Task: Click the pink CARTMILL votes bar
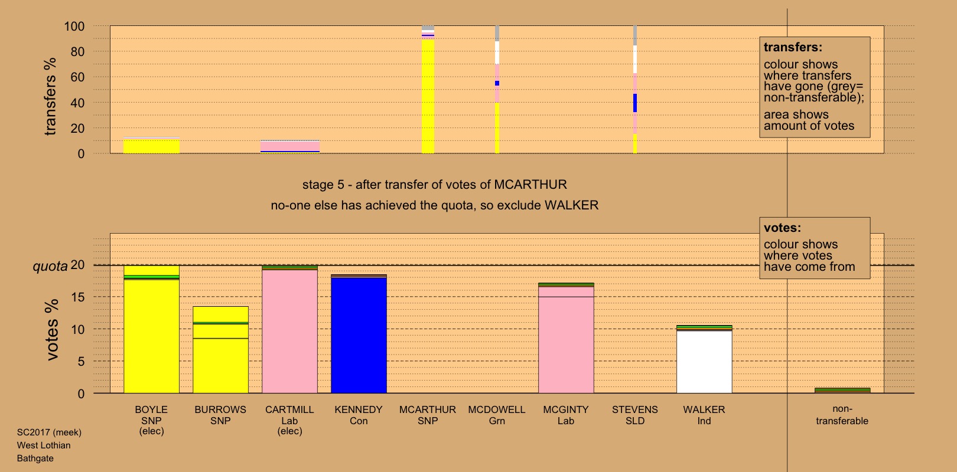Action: coord(289,330)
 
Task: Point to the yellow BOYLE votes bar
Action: coord(151,336)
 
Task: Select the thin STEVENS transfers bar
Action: coord(635,88)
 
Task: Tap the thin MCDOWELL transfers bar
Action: coord(497,88)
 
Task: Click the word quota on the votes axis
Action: coord(50,266)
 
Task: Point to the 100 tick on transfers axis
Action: coord(74,27)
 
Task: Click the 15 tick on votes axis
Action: coord(77,297)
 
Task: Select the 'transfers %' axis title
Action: coord(51,97)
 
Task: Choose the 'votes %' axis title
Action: coord(52,329)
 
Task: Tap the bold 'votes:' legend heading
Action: coord(782,228)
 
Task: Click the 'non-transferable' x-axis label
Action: coord(842,415)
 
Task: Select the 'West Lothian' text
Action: coord(44,445)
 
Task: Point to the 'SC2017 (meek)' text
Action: coord(49,432)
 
